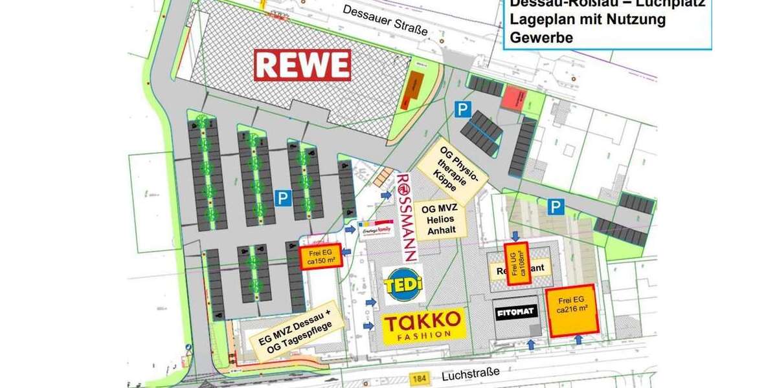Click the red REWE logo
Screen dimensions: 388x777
click(x=302, y=65)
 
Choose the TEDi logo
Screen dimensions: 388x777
click(x=402, y=285)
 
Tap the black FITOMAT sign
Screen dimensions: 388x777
click(x=515, y=312)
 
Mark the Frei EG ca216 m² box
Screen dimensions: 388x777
click(x=572, y=310)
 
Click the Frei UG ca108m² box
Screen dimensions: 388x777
click(x=518, y=263)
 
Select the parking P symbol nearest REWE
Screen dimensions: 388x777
click(x=462, y=110)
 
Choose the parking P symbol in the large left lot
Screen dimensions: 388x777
click(x=282, y=198)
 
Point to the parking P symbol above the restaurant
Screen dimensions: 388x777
click(x=555, y=207)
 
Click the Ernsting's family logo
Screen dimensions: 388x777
click(x=376, y=229)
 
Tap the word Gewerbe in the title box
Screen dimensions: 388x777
click(x=541, y=38)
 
